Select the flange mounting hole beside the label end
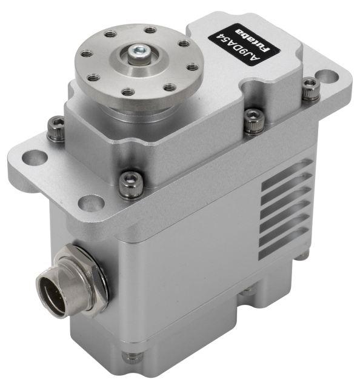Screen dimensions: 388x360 pyautogui.click(x=327, y=78)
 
